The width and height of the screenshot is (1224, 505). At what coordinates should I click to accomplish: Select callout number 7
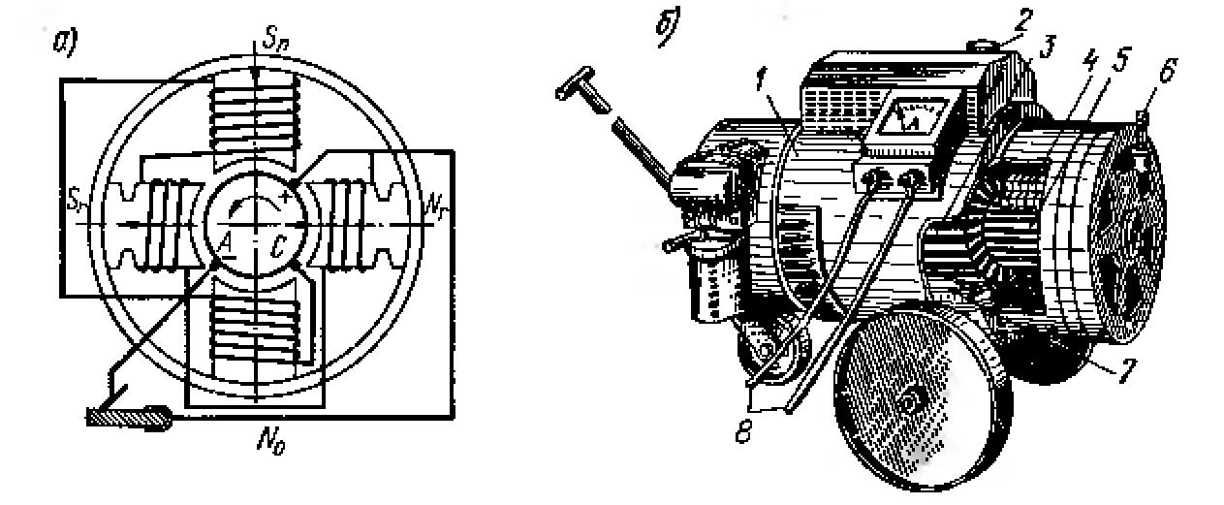(x=1098, y=373)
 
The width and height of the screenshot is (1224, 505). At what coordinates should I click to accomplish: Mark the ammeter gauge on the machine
(x=914, y=122)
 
